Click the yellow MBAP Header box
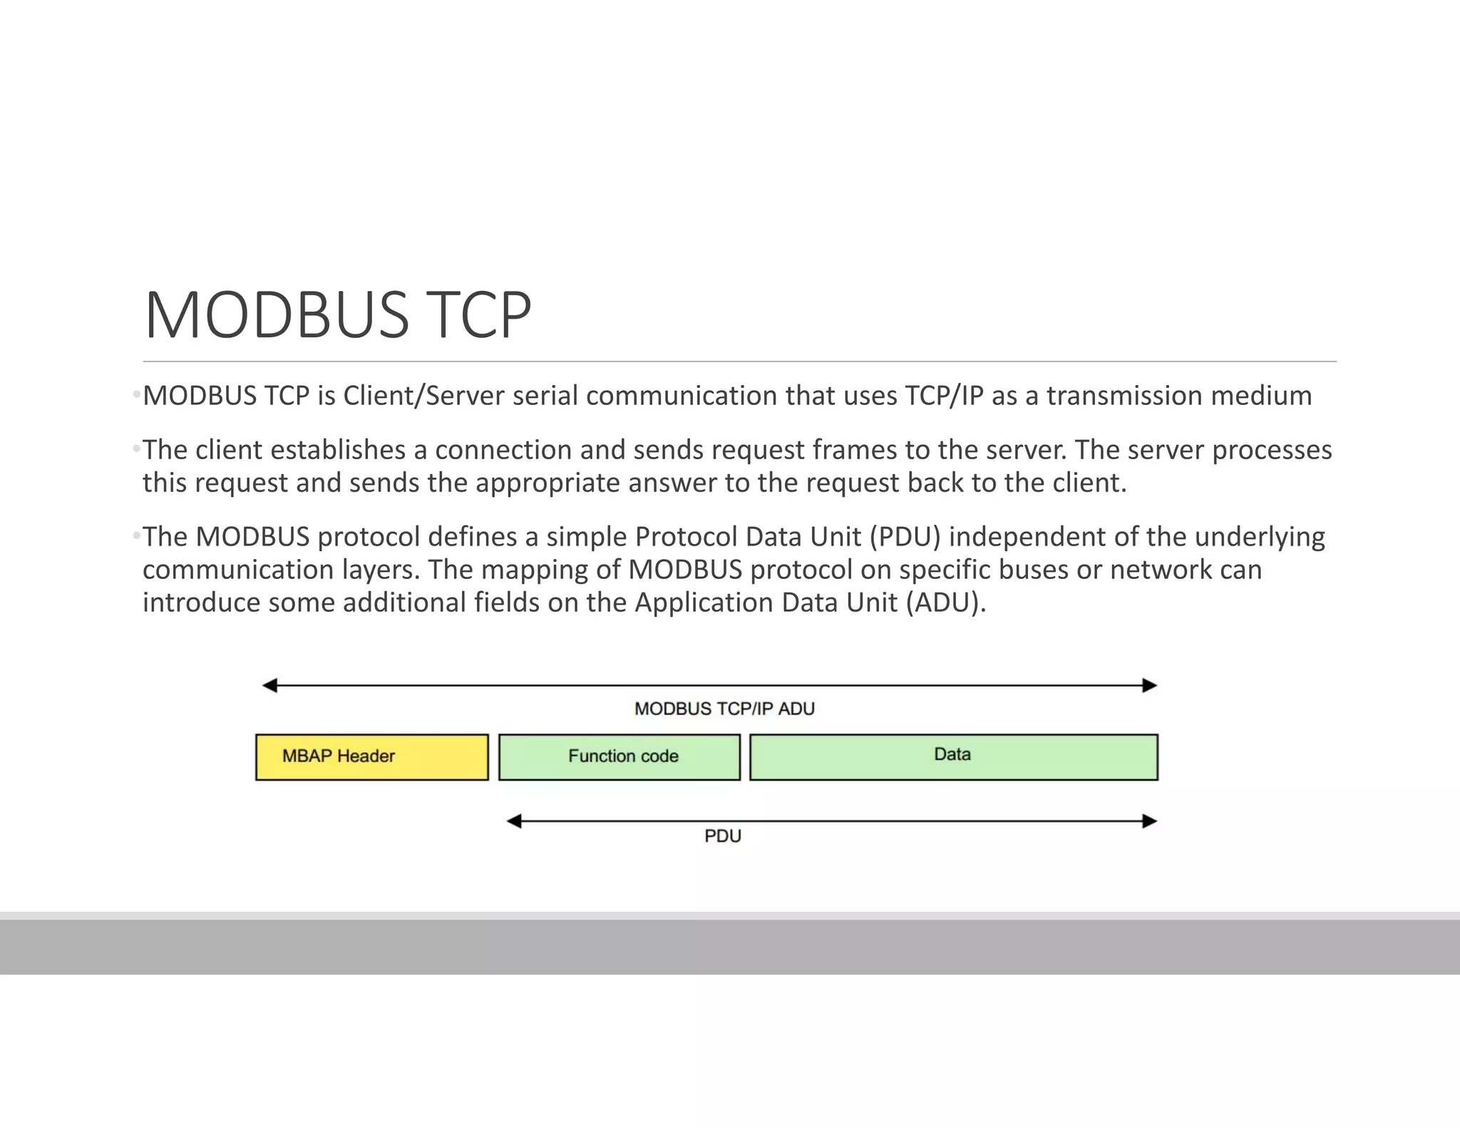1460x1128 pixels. [371, 757]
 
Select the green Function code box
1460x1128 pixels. [620, 757]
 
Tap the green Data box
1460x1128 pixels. [953, 757]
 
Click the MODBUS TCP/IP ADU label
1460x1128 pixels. [724, 709]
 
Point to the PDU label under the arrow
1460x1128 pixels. [723, 836]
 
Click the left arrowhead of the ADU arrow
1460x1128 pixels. [270, 686]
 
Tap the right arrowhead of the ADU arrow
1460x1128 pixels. [1149, 686]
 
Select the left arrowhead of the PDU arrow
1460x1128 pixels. [514, 821]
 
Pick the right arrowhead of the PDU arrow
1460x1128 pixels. [1149, 821]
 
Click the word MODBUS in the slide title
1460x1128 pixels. [277, 314]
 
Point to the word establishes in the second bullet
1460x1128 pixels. [338, 450]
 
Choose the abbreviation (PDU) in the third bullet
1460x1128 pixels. [905, 537]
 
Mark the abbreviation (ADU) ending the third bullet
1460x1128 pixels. [946, 603]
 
